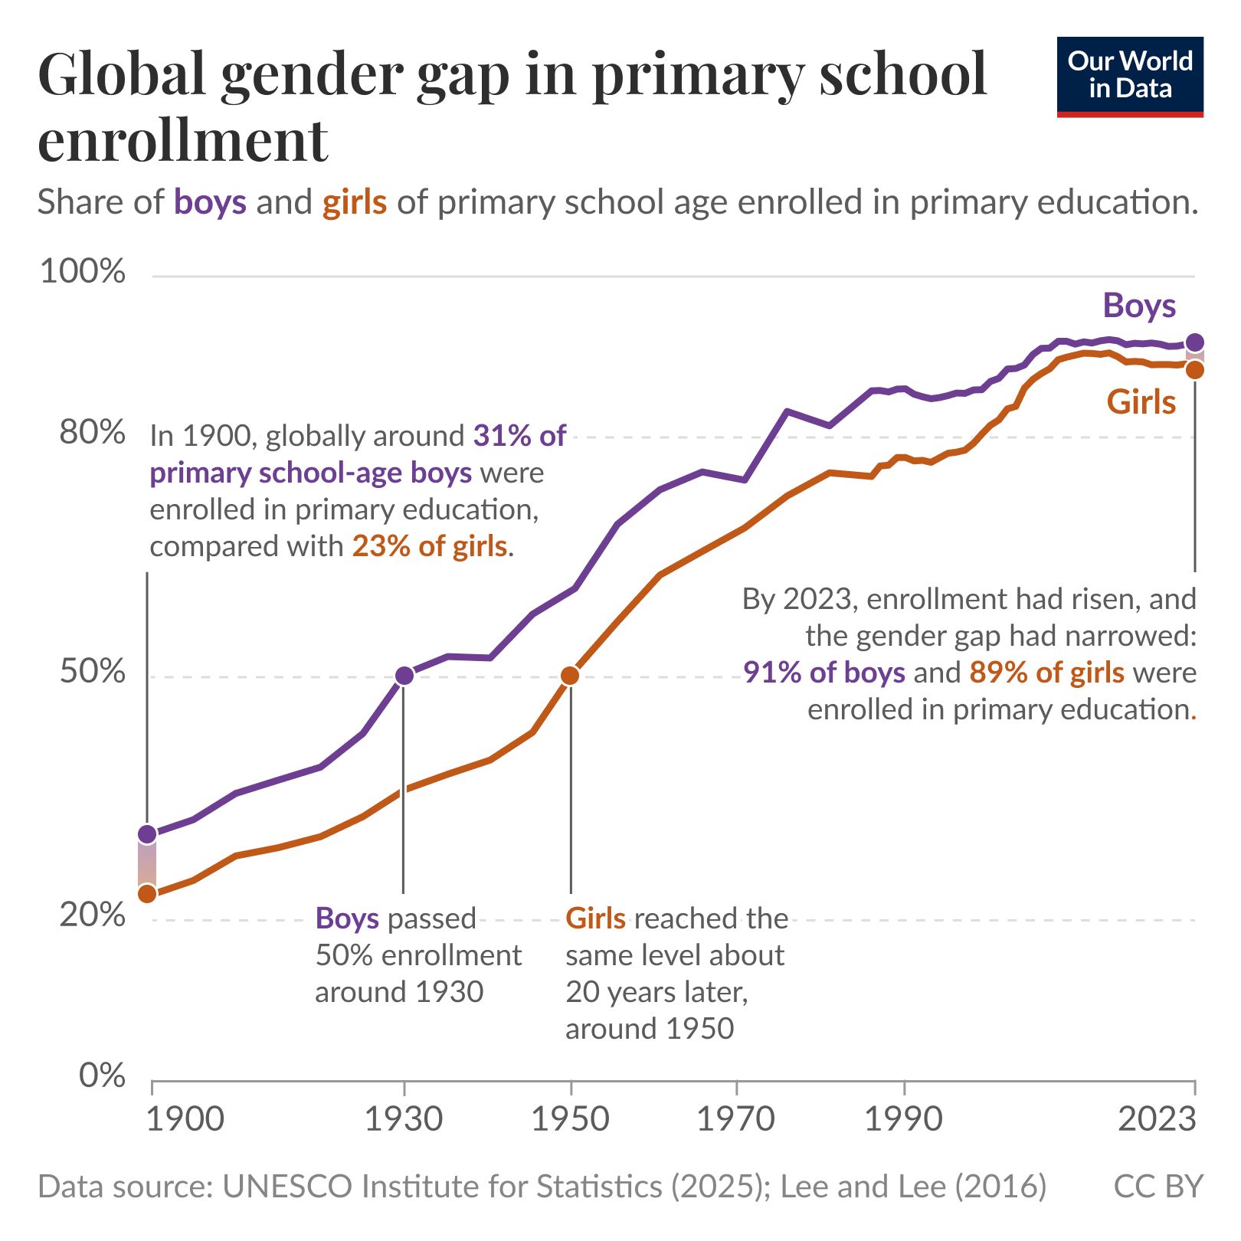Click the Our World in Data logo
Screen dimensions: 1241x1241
(x=1129, y=77)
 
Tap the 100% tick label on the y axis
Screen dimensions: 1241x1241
(x=82, y=271)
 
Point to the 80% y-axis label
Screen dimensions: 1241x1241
(x=92, y=433)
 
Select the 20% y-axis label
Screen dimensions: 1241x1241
(x=92, y=915)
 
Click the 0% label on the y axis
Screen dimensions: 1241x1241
(x=102, y=1076)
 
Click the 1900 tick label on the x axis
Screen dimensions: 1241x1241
(x=185, y=1119)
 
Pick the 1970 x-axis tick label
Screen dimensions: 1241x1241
(x=735, y=1119)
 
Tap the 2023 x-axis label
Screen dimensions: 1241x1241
(x=1157, y=1119)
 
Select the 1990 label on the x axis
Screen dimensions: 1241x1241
(x=904, y=1119)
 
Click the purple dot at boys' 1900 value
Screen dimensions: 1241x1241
(x=147, y=833)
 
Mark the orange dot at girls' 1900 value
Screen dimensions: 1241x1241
(x=147, y=894)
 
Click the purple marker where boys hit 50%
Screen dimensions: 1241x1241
(x=404, y=676)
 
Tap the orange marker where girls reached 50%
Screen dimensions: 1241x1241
(x=570, y=676)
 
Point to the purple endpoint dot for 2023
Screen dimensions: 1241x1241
(x=1194, y=342)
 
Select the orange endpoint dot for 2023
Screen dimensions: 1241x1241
(x=1194, y=370)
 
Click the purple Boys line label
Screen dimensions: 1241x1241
(x=1139, y=306)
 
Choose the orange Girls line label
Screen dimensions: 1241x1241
(x=1141, y=402)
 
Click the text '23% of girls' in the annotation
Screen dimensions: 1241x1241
(x=430, y=546)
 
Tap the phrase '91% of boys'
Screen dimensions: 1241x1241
(x=824, y=672)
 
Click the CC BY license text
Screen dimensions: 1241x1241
(x=1158, y=1186)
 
